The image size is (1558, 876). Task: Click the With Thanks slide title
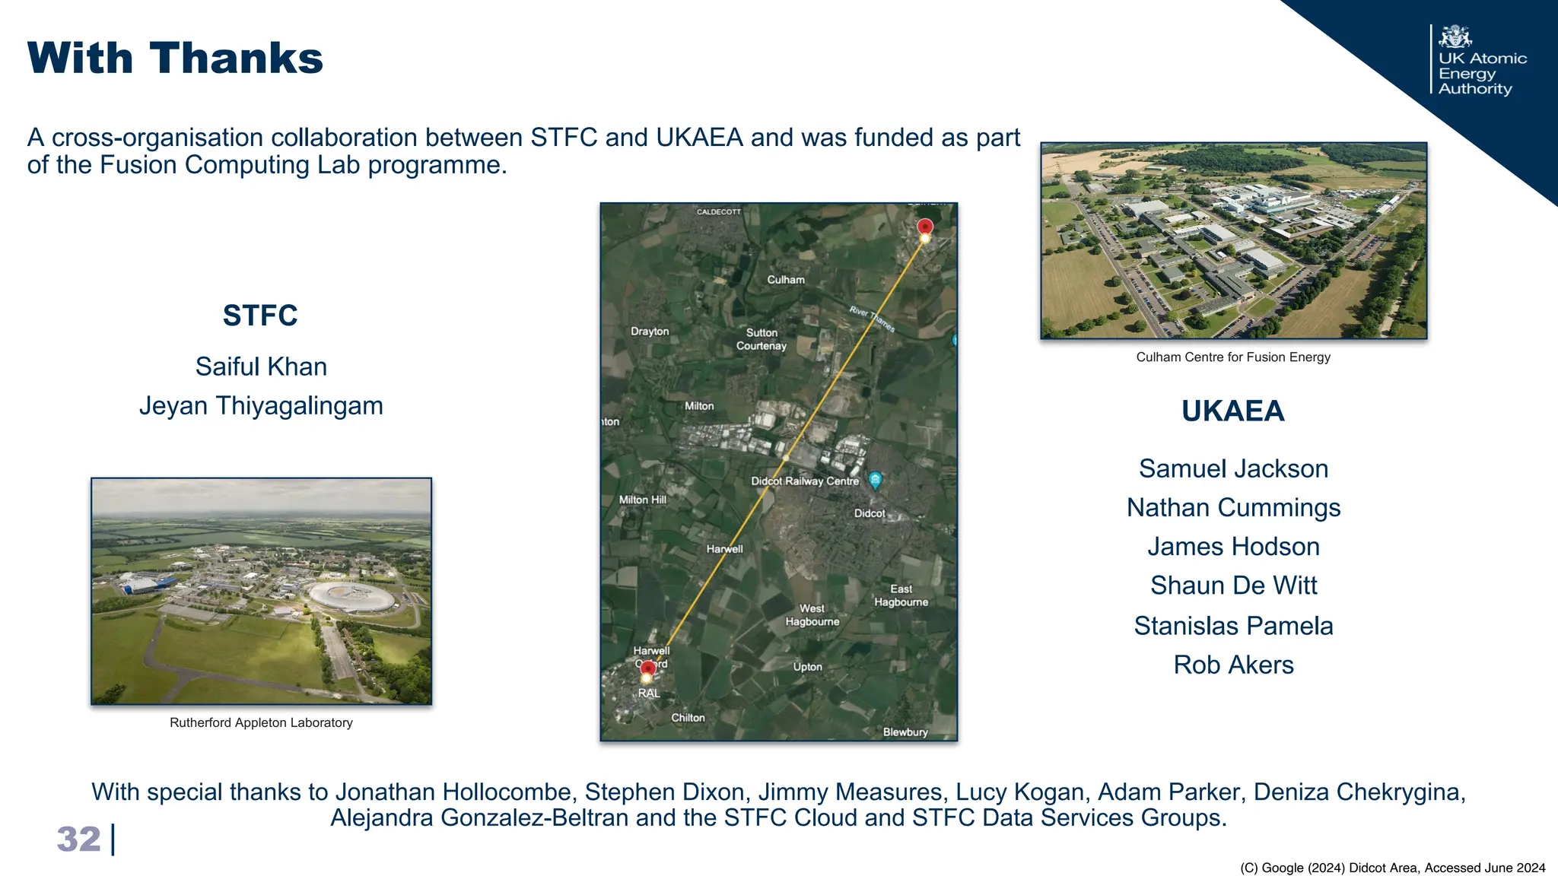175,59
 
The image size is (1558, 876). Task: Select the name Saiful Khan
261,367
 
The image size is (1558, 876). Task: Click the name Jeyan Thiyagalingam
261,405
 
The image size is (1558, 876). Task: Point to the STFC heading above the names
260,316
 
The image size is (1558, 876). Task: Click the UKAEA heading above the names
1232,411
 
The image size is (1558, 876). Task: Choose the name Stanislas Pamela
1233,626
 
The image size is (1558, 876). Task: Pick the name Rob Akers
1233,665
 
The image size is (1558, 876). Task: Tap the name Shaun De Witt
1233,586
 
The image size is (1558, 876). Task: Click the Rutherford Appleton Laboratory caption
261,722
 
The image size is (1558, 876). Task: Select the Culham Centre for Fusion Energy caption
1232,357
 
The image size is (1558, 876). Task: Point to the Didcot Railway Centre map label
804,481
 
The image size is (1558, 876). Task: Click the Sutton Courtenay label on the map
762,339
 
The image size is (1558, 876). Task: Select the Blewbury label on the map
905,732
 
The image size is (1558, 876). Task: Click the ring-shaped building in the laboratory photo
352,595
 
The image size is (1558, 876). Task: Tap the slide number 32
78,839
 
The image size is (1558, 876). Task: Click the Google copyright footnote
1392,868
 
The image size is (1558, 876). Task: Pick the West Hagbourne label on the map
812,615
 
